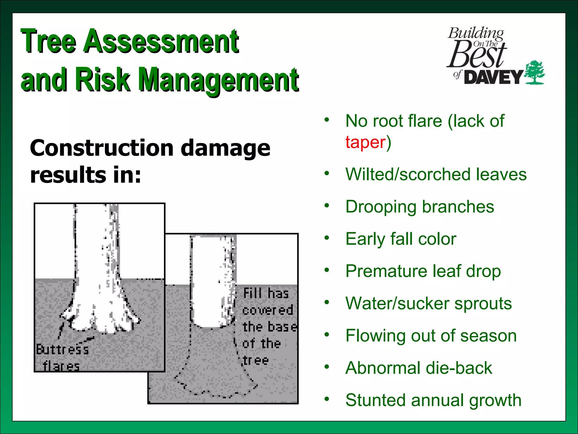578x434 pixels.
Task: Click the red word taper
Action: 365,142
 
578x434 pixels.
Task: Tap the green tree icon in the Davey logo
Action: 534,72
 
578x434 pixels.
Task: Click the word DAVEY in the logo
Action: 494,77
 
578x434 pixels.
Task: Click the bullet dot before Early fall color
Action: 327,238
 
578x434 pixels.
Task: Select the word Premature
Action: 386,271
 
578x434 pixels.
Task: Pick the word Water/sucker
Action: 397,304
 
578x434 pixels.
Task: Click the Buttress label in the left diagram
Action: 62,350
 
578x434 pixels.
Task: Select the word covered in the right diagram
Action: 268,310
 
